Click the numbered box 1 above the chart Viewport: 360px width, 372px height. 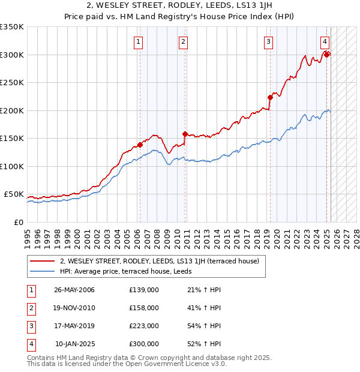coord(139,41)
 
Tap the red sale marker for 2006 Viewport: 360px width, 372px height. coord(140,145)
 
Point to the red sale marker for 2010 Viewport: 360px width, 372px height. coord(185,134)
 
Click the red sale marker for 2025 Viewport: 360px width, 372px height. coord(327,55)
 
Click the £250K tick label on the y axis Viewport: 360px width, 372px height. coord(12,83)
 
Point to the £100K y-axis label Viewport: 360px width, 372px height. coord(12,166)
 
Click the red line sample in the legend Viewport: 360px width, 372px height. coord(42,261)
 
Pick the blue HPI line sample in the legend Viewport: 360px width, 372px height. coord(42,271)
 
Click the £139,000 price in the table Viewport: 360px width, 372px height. coord(144,290)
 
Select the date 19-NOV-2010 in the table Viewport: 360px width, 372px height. coord(74,308)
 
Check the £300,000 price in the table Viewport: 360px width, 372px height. coord(144,344)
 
